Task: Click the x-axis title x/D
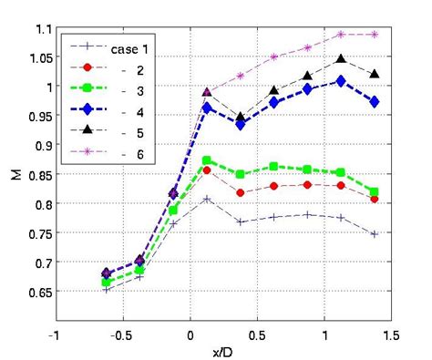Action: click(223, 349)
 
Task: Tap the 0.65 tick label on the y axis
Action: click(36, 293)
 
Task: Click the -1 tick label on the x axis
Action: click(57, 334)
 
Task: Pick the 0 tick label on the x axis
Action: click(190, 334)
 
